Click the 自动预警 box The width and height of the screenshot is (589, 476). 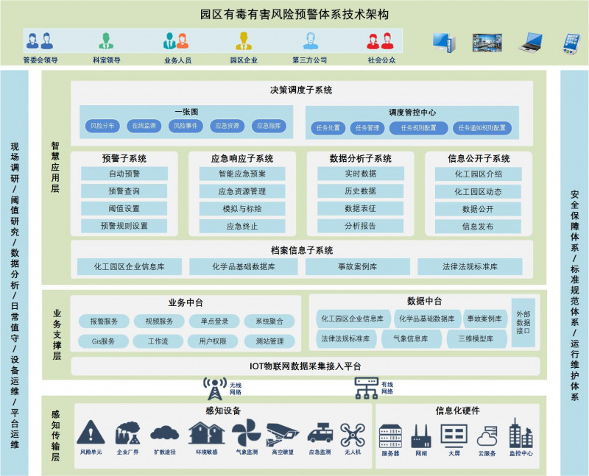124,174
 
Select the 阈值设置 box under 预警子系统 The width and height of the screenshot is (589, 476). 124,208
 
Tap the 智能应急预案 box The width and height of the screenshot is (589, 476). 241,174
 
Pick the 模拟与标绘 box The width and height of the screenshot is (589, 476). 241,208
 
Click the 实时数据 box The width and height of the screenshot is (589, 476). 360,174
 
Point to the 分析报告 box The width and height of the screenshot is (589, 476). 360,226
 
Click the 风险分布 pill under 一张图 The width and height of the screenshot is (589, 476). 102,127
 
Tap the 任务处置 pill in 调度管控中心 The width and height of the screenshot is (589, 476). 328,128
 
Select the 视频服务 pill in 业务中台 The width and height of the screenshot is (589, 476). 159,322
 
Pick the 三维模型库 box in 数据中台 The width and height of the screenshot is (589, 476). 476,339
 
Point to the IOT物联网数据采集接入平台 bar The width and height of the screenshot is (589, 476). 305,366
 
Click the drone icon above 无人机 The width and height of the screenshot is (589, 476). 353,433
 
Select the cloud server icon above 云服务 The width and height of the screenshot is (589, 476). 487,435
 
